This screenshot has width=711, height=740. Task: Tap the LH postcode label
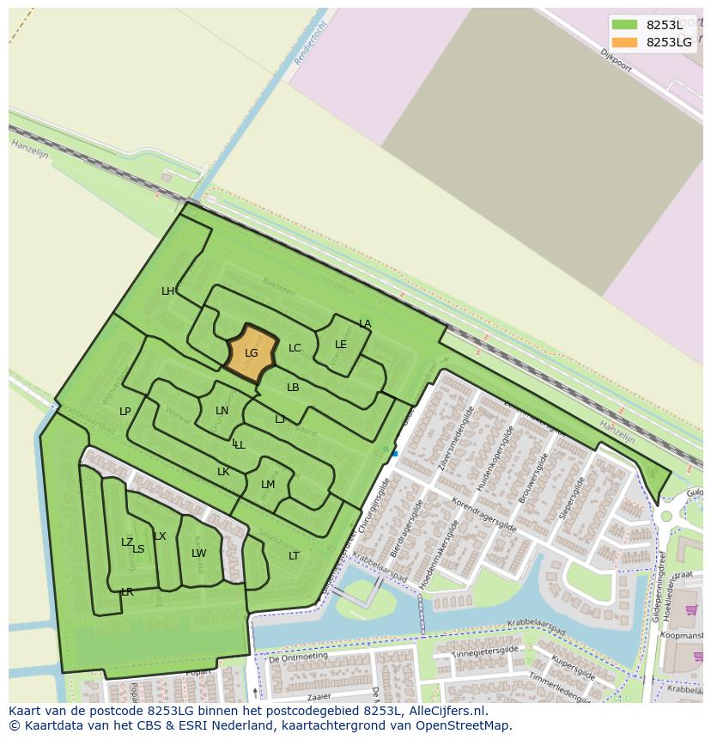point(168,291)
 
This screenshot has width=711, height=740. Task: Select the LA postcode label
point(365,324)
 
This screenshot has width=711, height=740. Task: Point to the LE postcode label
point(341,345)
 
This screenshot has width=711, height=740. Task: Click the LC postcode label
point(295,348)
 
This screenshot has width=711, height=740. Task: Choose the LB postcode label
point(293,388)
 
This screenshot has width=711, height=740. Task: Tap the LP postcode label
point(125,412)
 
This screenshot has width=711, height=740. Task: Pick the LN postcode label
point(222,411)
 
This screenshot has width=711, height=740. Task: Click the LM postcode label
point(268,485)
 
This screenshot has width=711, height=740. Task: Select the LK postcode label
point(223,472)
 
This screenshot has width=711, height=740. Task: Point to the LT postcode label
point(294,556)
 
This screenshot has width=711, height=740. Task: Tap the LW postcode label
point(199,553)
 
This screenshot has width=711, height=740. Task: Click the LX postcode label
point(160,536)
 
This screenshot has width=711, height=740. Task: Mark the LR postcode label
point(127,592)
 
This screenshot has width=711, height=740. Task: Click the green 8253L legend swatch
point(624,25)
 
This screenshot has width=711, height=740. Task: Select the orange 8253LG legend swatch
point(624,42)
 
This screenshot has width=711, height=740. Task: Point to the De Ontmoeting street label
point(300,658)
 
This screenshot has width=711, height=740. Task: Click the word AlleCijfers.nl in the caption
point(444,712)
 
